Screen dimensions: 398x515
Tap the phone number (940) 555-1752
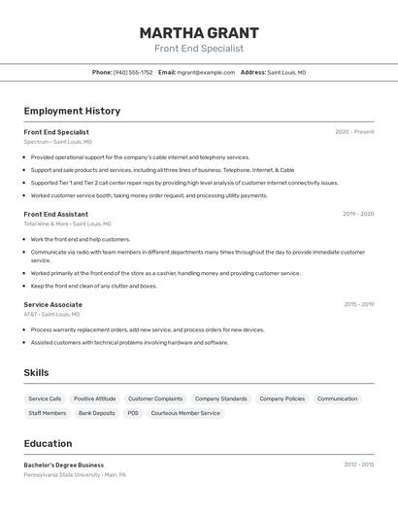[x=133, y=72]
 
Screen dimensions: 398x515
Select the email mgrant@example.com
[x=206, y=72]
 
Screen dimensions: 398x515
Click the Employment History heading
[x=72, y=111]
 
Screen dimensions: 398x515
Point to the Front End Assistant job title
[x=56, y=214]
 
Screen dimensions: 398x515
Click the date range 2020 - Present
[x=354, y=132]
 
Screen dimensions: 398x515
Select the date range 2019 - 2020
[x=357, y=214]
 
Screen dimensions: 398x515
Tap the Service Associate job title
[x=53, y=304]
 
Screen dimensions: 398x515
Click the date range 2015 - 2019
[x=358, y=304]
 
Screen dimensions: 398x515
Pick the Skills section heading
[x=36, y=372]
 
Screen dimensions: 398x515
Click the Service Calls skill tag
[x=45, y=398]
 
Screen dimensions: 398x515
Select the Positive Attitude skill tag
[x=95, y=398]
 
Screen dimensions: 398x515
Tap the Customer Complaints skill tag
[x=155, y=398]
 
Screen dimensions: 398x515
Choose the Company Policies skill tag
[x=282, y=398]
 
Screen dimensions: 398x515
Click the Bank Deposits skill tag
[x=97, y=413]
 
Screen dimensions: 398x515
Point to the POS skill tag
[x=133, y=413]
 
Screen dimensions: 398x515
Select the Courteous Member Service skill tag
[x=185, y=413]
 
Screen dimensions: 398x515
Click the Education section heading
[x=48, y=443]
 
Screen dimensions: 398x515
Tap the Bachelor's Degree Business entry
[x=64, y=464]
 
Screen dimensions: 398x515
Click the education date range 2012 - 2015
[x=358, y=464]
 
